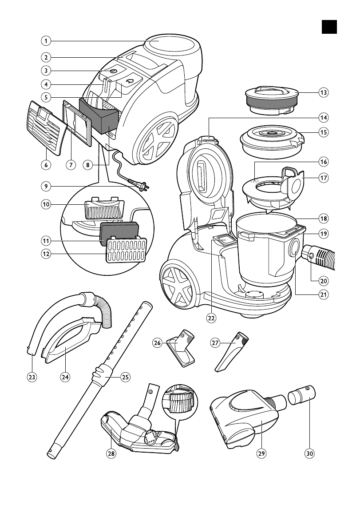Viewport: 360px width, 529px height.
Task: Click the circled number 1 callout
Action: pos(45,41)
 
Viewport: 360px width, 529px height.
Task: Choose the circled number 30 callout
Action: pos(309,453)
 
